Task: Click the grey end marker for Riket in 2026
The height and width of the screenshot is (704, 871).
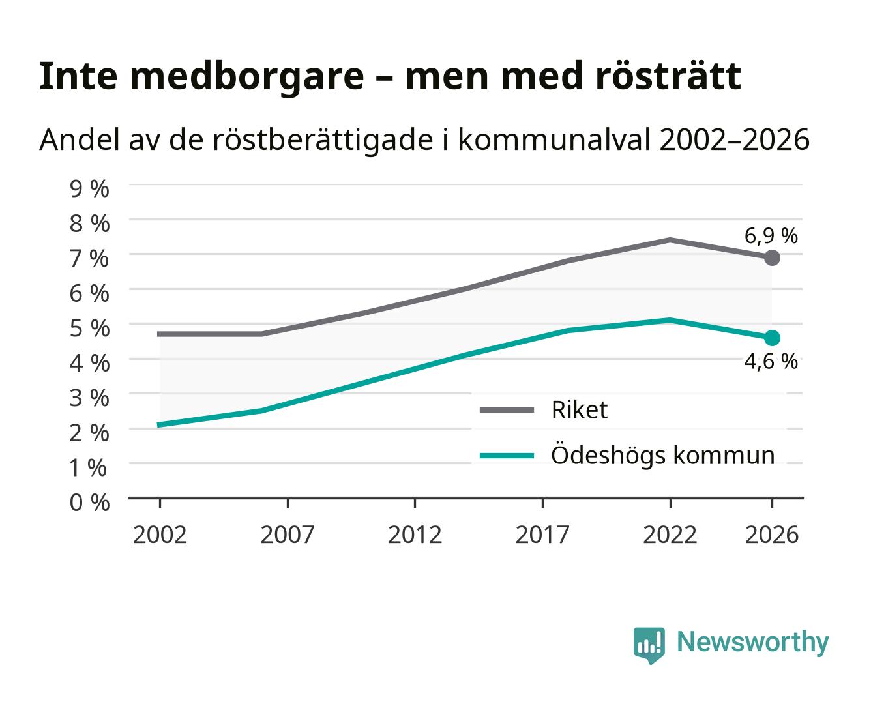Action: click(x=772, y=258)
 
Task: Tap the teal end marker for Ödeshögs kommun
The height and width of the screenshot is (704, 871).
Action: click(x=772, y=338)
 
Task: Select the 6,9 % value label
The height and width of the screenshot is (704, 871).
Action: click(x=771, y=236)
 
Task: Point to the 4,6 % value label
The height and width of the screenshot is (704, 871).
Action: click(x=771, y=361)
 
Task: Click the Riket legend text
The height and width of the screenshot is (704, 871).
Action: click(x=580, y=409)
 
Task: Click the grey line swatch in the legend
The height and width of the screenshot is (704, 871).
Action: click(x=507, y=410)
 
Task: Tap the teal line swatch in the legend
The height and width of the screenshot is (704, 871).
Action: click(x=507, y=456)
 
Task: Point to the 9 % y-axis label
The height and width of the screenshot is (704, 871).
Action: click(x=89, y=189)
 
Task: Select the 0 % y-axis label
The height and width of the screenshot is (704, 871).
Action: click(x=89, y=503)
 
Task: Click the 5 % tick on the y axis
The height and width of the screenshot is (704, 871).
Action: click(x=89, y=329)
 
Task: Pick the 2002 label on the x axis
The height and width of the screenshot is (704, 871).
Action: click(x=160, y=535)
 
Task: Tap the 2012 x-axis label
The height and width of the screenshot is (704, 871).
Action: click(x=415, y=535)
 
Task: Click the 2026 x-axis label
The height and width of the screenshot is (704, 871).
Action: click(x=772, y=535)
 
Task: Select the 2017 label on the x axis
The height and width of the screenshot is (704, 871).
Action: click(x=542, y=535)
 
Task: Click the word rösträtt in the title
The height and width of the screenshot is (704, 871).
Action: click(x=668, y=76)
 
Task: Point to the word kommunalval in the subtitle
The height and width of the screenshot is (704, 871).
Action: click(x=554, y=139)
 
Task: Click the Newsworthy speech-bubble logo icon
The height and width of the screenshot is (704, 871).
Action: click(x=649, y=645)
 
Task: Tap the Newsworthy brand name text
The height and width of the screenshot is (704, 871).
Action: click(x=753, y=643)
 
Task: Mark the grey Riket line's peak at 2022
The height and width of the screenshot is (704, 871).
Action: click(x=670, y=240)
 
